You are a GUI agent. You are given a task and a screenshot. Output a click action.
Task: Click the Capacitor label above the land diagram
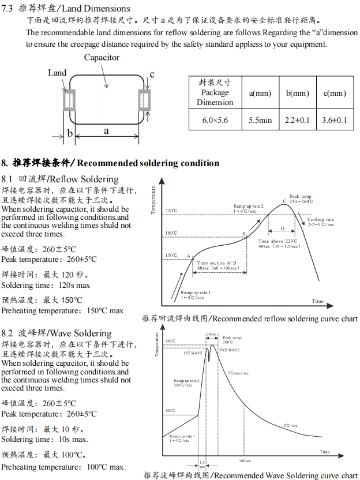point(102,58)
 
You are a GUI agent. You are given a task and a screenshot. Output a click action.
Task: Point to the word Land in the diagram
point(57,73)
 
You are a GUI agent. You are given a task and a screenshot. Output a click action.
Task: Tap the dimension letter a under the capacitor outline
point(106,131)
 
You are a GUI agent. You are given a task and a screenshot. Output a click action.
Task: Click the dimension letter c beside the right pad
point(152,74)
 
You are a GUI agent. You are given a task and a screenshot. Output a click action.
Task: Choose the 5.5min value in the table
point(260,120)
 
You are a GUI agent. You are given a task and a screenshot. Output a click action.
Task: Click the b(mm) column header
point(298,93)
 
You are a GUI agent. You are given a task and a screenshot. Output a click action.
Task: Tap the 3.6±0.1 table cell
point(335,120)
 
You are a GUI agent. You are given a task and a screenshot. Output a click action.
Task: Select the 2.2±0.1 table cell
point(298,120)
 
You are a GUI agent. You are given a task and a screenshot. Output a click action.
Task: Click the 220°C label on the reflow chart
point(171,211)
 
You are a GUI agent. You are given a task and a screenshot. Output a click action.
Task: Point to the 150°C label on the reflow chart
point(171,255)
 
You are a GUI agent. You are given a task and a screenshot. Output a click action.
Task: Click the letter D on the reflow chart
point(283,229)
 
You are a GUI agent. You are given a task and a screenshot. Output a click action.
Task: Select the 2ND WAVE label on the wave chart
point(229,350)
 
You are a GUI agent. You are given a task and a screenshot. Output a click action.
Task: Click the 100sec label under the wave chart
point(245,460)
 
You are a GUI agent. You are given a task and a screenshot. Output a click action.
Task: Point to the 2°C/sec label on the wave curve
point(290,425)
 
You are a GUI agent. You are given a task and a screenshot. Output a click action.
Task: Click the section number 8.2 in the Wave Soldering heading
point(7,333)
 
